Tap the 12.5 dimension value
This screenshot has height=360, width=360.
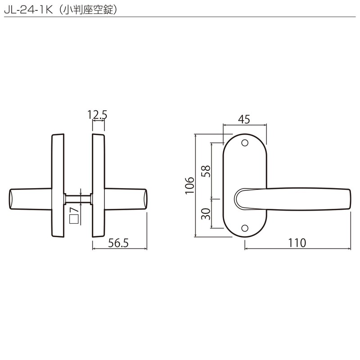pos(98,115)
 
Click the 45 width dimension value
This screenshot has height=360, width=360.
pos(244,119)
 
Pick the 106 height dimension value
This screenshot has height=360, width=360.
pos(189,185)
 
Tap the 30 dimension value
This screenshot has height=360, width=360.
pos(205,213)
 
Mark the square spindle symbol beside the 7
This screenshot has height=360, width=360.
pos(74,219)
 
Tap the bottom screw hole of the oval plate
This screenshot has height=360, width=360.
pos(245,228)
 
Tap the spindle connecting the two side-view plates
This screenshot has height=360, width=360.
pos(78,198)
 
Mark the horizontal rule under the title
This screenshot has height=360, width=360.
pos(180,17)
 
